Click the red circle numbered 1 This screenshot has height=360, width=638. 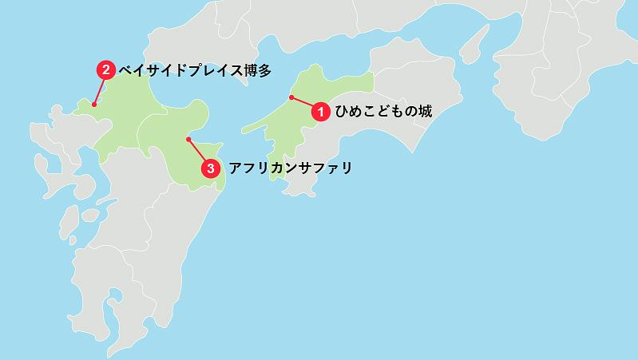320,112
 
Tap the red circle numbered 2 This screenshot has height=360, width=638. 105,70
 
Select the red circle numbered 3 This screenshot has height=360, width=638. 210,168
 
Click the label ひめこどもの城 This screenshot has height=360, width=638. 382,112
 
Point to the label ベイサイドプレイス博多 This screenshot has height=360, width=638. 195,70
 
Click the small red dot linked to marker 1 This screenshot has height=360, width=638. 291,97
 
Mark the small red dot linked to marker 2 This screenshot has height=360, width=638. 94,104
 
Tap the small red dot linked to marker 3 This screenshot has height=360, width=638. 188,139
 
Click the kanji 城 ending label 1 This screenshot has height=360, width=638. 425,112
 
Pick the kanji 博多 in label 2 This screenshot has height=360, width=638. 257,70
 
